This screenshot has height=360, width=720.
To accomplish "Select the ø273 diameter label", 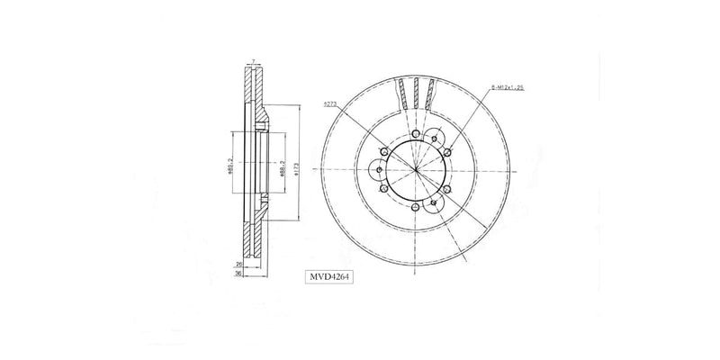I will tap(329, 105).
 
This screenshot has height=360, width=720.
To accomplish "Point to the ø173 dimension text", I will tap(296, 167).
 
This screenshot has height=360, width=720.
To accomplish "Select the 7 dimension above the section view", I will tap(255, 62).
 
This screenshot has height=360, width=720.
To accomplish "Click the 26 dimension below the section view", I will tap(238, 265).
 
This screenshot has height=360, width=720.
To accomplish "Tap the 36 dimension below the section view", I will tap(238, 274).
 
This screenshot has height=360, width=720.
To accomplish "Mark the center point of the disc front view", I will tap(416, 169).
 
